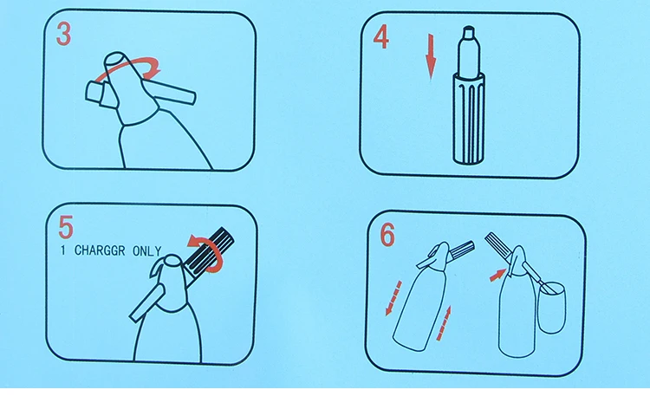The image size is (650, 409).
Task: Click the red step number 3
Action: (64, 34)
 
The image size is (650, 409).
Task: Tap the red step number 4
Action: (381, 37)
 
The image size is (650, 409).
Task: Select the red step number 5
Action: (66, 227)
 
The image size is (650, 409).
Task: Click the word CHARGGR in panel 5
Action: (100, 250)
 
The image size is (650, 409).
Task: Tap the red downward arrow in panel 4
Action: (431, 57)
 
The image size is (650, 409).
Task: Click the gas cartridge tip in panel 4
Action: (469, 32)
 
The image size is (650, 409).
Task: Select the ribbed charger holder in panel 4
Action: (469, 117)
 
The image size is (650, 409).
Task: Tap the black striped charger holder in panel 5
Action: (209, 252)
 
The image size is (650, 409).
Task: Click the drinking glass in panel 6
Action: (551, 307)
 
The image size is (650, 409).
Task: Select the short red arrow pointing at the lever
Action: (497, 275)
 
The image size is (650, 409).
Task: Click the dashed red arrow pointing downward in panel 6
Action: (393, 298)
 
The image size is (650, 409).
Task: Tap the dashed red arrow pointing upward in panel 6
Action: (444, 323)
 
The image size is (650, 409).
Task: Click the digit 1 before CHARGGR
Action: (63, 250)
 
